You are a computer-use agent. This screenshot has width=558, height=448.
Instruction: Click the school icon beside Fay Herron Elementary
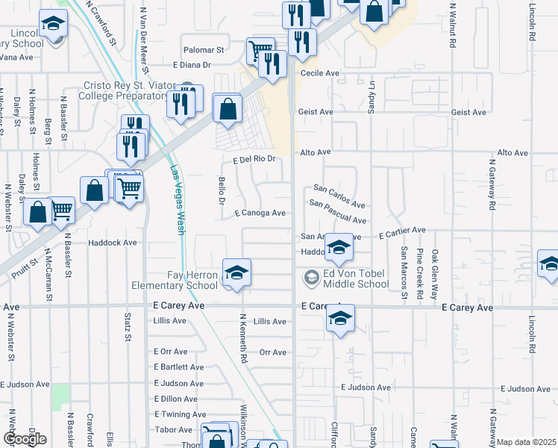tap(236, 273)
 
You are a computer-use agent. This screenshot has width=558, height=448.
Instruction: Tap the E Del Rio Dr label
tap(254, 159)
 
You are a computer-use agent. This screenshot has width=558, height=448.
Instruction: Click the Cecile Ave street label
tap(320, 74)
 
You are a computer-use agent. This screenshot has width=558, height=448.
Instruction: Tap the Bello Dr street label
tap(222, 191)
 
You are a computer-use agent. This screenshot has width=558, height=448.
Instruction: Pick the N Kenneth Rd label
tap(243, 338)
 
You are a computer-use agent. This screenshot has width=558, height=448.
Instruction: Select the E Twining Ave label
tap(180, 414)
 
